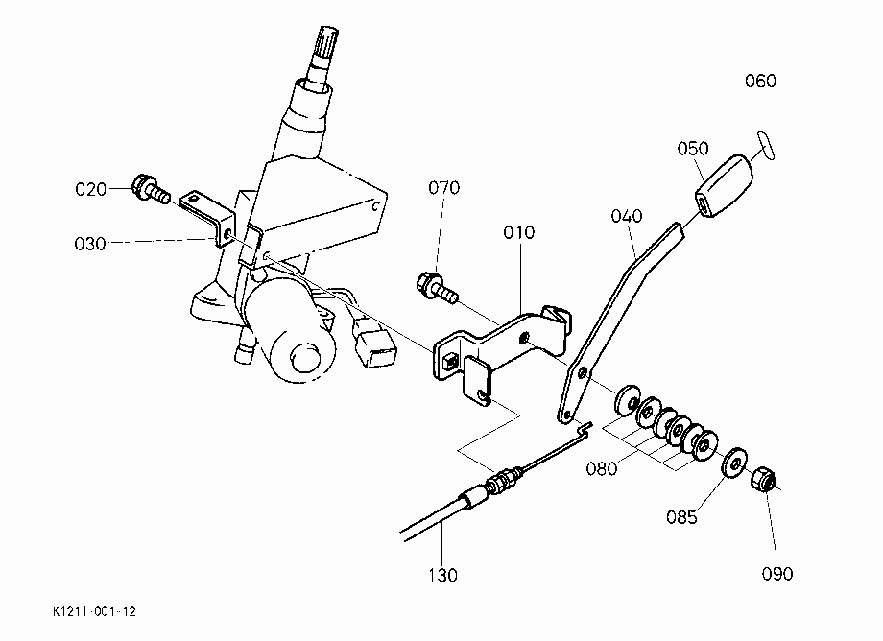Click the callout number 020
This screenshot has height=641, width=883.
pyautogui.click(x=90, y=189)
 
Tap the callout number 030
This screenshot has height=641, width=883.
pyautogui.click(x=90, y=244)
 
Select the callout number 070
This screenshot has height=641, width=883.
pyautogui.click(x=443, y=187)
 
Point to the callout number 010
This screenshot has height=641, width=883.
pyautogui.click(x=518, y=232)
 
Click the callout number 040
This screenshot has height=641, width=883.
pyautogui.click(x=626, y=216)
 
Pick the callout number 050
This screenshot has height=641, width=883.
pyautogui.click(x=693, y=149)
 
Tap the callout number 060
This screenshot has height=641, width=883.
pyautogui.click(x=760, y=81)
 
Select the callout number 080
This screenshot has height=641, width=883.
pyautogui.click(x=602, y=469)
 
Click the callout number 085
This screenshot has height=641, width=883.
pyautogui.click(x=681, y=516)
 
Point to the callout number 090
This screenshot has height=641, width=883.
pyautogui.click(x=777, y=574)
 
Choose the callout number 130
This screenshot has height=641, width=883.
pyautogui.click(x=442, y=575)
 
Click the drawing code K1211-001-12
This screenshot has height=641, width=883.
pyautogui.click(x=95, y=612)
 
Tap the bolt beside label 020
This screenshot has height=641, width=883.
pyautogui.click(x=151, y=190)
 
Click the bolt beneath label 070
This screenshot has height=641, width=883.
pyautogui.click(x=437, y=287)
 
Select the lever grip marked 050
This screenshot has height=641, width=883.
pyautogui.click(x=724, y=185)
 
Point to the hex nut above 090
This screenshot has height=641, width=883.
pyautogui.click(x=763, y=479)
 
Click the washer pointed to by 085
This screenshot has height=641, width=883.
pyautogui.click(x=735, y=463)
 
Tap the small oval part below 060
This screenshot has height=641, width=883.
pyautogui.click(x=766, y=146)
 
